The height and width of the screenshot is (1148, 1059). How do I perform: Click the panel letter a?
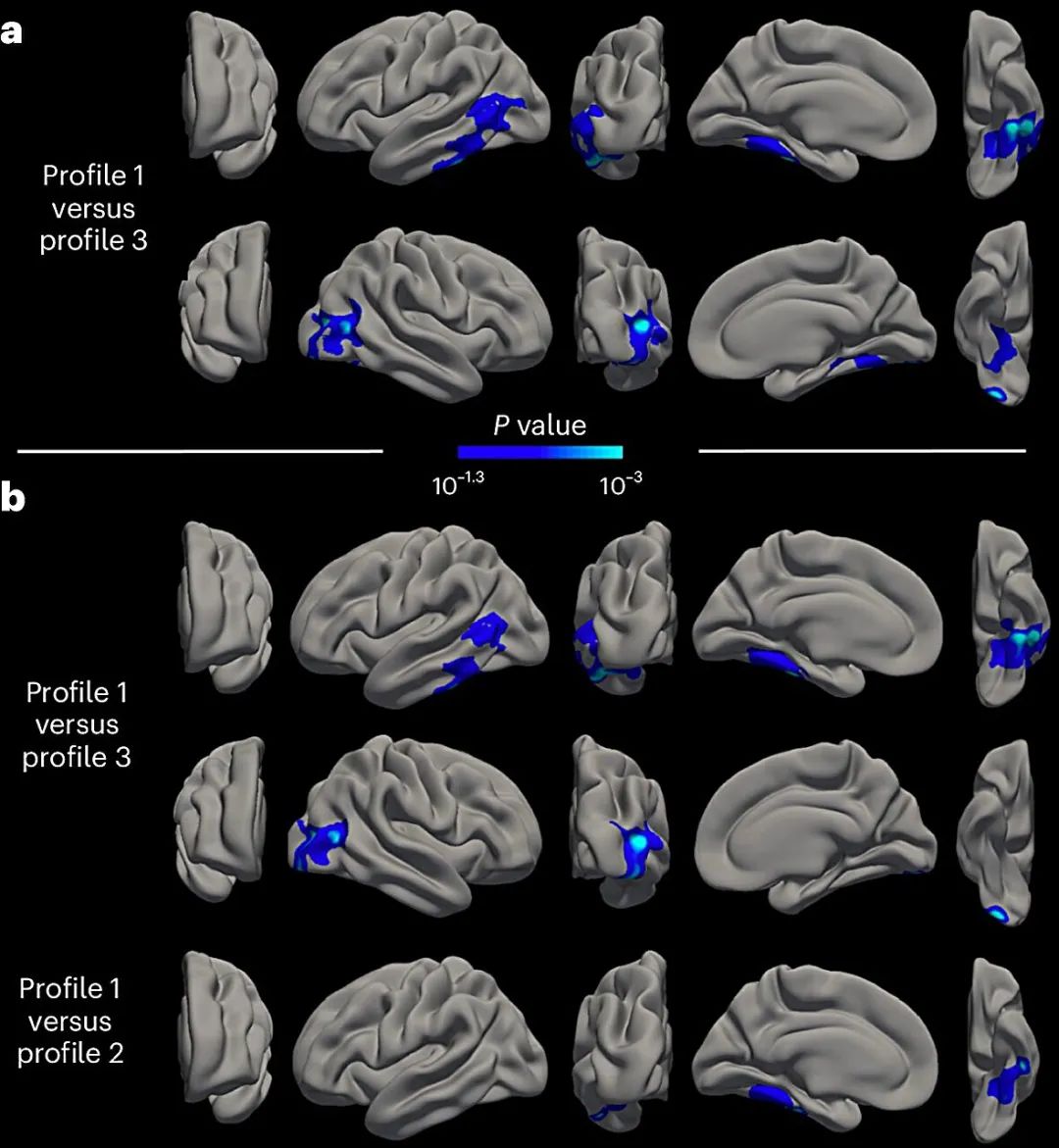tap(11, 33)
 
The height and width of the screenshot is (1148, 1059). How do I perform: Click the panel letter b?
tap(13, 498)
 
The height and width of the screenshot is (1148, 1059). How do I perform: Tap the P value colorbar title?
tap(539, 425)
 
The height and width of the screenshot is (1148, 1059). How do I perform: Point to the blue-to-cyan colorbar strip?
tap(539, 453)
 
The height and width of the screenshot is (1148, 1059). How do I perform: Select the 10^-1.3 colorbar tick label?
tap(458, 484)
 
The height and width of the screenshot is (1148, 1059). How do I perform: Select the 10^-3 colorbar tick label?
tap(621, 484)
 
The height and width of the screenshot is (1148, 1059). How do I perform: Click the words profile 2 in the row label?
tap(71, 1054)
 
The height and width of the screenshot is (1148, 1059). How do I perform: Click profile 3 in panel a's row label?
tap(94, 240)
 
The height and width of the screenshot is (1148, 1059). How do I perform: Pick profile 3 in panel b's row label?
tap(76, 756)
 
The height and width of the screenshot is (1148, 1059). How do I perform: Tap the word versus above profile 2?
tap(70, 1021)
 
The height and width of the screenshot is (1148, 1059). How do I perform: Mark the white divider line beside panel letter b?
tap(200, 451)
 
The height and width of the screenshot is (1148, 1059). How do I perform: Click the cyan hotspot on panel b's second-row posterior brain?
tap(638, 841)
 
